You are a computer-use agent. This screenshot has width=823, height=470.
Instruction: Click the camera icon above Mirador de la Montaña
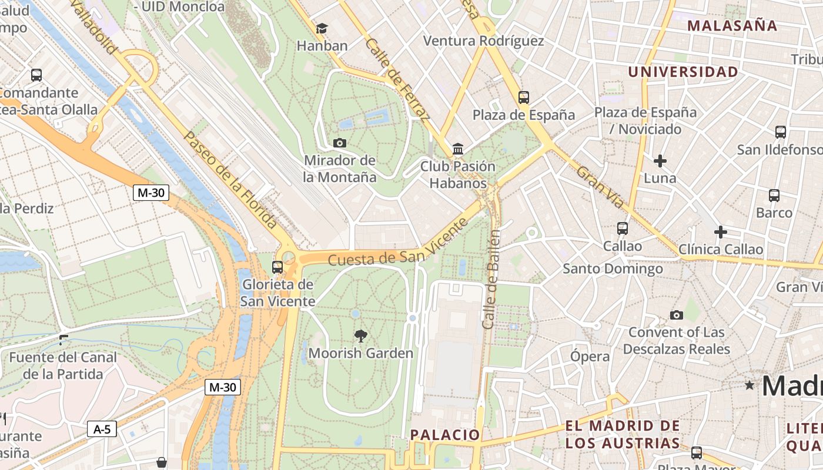(x=339, y=143)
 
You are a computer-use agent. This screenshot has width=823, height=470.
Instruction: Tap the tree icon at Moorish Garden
(x=361, y=336)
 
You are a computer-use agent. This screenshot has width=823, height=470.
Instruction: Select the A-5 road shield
(x=102, y=429)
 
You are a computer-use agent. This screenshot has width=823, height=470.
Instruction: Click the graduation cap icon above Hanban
(x=322, y=28)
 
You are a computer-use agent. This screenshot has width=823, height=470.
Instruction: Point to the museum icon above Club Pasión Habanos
(x=458, y=149)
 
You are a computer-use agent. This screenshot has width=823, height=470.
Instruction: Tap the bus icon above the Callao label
(x=623, y=229)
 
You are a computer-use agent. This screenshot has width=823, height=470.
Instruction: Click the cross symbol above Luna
(x=660, y=160)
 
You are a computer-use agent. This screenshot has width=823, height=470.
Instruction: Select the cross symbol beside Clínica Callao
(x=720, y=232)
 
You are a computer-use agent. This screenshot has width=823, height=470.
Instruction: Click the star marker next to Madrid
(x=750, y=385)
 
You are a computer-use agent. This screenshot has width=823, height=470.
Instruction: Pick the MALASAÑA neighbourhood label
(x=732, y=26)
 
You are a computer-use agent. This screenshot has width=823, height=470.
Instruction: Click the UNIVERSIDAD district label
(x=683, y=72)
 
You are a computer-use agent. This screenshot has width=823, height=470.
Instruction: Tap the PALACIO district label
(x=445, y=435)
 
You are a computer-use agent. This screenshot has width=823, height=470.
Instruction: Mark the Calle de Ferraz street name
(x=397, y=80)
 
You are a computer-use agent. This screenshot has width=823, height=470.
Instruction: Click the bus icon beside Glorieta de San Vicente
(x=277, y=267)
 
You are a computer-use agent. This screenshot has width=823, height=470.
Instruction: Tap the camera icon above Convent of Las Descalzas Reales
(x=677, y=315)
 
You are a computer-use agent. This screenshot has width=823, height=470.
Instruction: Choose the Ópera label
(x=590, y=357)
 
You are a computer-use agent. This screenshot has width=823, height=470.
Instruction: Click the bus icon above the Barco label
(x=774, y=196)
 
